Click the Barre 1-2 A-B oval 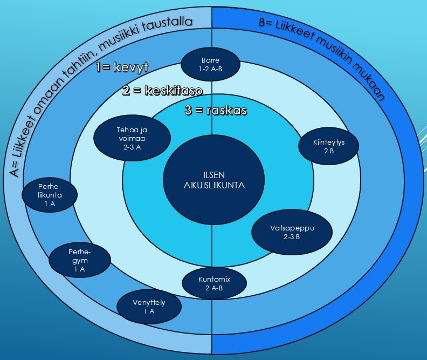211,64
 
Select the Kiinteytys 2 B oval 329,147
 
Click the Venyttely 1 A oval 149,307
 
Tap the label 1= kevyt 122,67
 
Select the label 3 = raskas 216,111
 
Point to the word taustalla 174,24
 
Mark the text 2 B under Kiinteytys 329,152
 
